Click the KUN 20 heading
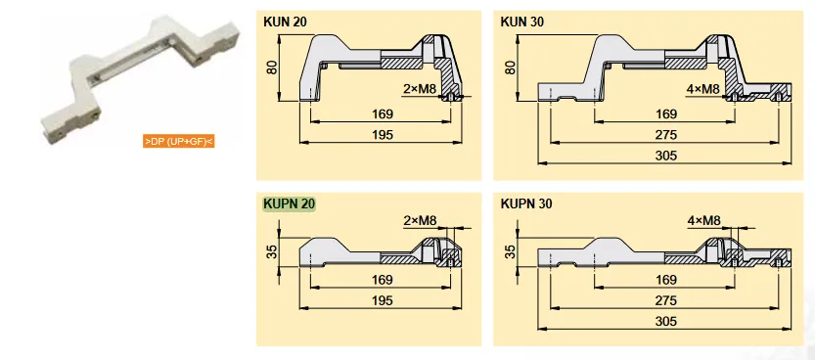pos(284,20)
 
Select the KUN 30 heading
pos(521,20)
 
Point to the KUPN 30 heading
pos(526,204)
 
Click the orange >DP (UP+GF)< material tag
pos(178,142)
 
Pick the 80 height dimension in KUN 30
pos(509,67)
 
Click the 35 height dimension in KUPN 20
pos(271,251)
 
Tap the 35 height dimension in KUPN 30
pos(509,251)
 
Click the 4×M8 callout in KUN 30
pos(703,89)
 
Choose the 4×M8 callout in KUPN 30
pos(703,220)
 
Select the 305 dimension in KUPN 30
pos(667,320)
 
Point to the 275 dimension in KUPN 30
pos(667,299)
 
